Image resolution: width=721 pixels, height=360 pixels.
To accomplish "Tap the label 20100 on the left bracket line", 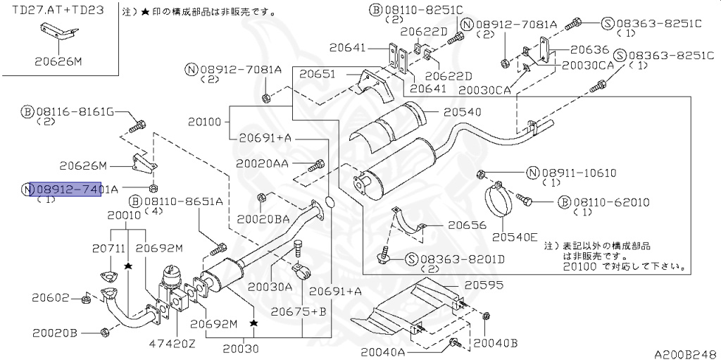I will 205,122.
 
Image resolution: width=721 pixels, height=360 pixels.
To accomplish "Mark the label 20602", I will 55,297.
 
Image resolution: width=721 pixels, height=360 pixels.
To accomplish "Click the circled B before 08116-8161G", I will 27,112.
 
